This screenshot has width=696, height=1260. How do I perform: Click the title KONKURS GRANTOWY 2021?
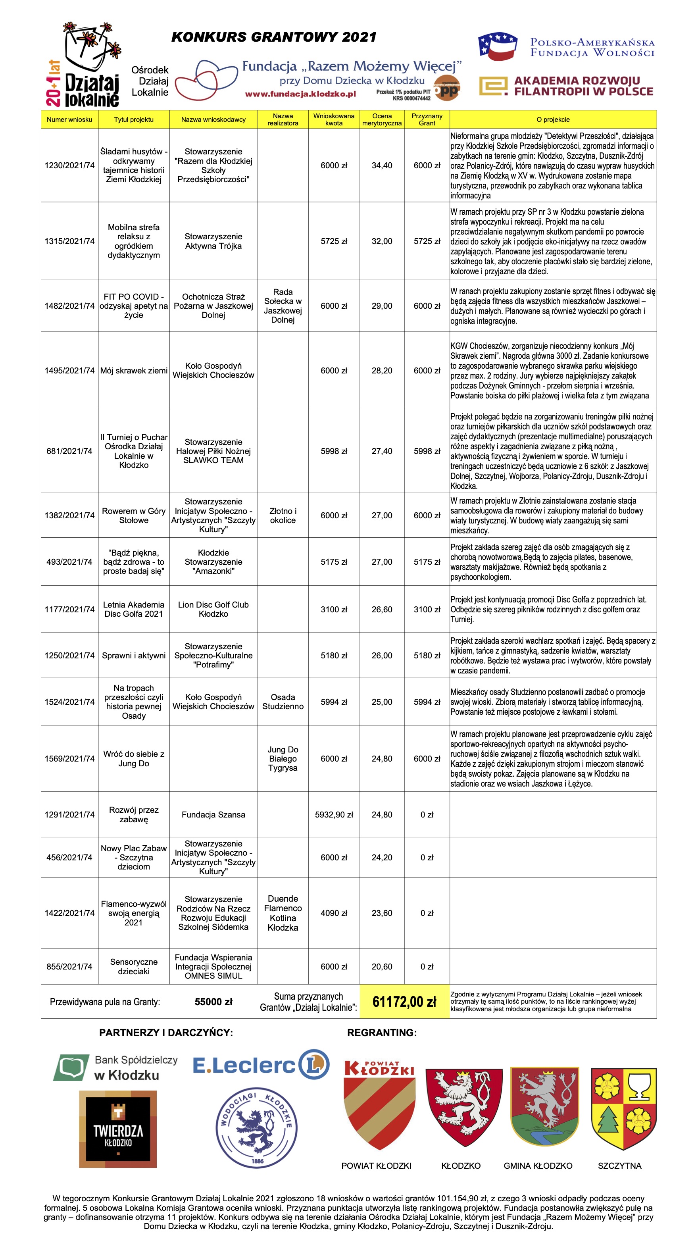click(x=273, y=37)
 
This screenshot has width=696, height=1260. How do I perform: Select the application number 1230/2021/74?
click(x=69, y=165)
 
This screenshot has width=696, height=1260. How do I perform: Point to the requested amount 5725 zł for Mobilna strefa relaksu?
click(x=334, y=241)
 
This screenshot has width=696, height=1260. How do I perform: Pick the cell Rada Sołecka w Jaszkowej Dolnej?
click(x=283, y=306)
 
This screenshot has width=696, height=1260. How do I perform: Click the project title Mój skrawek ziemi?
click(x=134, y=370)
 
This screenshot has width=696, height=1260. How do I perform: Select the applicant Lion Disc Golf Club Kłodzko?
click(x=213, y=609)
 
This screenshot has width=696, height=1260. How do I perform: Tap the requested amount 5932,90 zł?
click(x=334, y=814)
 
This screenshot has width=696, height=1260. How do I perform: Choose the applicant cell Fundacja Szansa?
click(x=213, y=814)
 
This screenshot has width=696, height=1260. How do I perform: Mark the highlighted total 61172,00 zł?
click(x=404, y=1001)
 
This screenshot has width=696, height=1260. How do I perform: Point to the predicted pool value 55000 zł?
click(x=213, y=1001)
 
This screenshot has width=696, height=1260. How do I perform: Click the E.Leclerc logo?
click(x=261, y=1064)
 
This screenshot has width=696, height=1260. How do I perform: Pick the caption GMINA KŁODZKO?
click(x=538, y=1166)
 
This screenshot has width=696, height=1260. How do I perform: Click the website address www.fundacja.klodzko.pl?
click(x=300, y=94)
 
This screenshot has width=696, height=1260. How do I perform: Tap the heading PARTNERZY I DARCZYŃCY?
click(x=166, y=1033)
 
